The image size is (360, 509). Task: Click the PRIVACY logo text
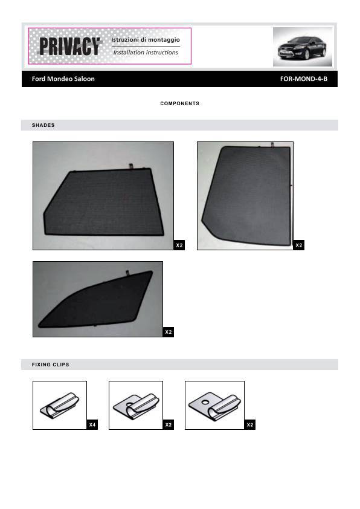[69, 46]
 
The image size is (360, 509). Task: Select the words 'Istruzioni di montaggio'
[146, 40]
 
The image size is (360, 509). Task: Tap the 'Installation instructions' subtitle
[146, 52]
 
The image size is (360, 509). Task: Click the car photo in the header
[303, 47]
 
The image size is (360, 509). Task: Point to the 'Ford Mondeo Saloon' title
[63, 79]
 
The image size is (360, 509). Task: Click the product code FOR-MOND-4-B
[304, 79]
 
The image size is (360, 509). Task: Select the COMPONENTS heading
[179, 103]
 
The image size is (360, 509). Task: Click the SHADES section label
[43, 125]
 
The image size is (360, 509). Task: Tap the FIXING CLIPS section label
[50, 365]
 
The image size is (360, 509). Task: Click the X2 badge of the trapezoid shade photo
[179, 245]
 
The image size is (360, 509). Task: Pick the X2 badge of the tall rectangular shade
[299, 245]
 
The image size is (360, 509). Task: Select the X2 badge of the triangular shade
[169, 332]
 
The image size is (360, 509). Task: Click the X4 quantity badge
[92, 424]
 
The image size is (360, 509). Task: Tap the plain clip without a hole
[60, 406]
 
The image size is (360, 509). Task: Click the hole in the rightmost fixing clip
[205, 402]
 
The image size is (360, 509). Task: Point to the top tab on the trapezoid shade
[130, 166]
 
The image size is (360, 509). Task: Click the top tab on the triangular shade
[127, 273]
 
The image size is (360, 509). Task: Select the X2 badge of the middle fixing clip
[169, 424]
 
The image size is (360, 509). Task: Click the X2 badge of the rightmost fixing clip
[249, 424]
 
